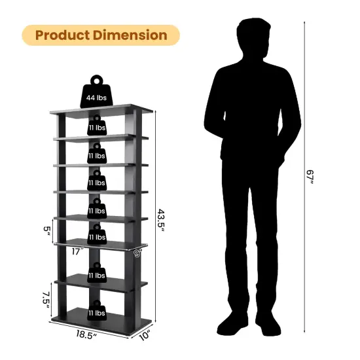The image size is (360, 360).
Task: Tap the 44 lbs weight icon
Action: (96, 95)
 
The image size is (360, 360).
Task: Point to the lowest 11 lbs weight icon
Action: (96, 312)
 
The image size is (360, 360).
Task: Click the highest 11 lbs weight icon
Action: (96, 126)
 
